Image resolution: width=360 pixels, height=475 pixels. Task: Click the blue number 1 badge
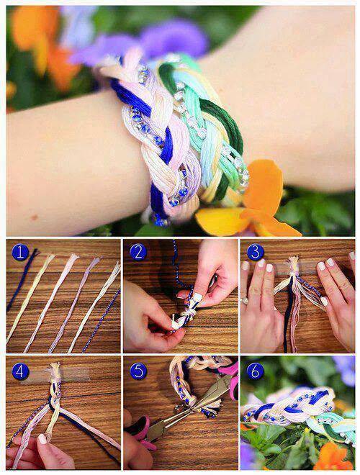pyautogui.click(x=20, y=253)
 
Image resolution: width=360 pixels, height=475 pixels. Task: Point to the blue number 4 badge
pyautogui.click(x=20, y=371)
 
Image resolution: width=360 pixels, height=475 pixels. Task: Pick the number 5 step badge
pyautogui.click(x=138, y=371)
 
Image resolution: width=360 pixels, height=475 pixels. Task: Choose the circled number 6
pyautogui.click(x=255, y=371)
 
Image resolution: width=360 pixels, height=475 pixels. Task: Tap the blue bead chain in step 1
pyautogui.click(x=102, y=320)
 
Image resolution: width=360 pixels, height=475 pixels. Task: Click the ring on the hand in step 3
pyautogui.click(x=245, y=301)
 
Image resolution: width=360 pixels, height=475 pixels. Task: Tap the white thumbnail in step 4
pyautogui.click(x=42, y=439)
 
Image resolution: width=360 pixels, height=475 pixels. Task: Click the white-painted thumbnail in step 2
pyautogui.click(x=197, y=297)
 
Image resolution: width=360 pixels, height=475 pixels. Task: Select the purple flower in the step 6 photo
pyautogui.click(x=345, y=371)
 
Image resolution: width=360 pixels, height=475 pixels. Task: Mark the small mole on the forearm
pyautogui.click(x=34, y=217)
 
